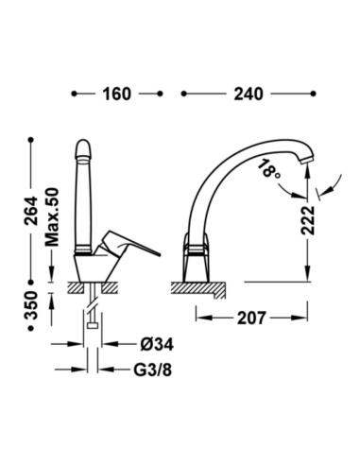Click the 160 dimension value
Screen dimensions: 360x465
click(116, 94)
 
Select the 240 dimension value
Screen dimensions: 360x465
click(249, 94)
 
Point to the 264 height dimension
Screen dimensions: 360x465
click(31, 211)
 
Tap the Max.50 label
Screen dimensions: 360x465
click(52, 217)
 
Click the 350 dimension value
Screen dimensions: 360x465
click(31, 305)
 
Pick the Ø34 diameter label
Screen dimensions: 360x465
click(157, 344)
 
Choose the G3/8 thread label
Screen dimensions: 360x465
click(153, 370)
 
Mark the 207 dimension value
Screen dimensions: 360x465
click(251, 318)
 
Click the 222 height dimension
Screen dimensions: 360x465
click(308, 220)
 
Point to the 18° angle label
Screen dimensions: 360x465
click(267, 169)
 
